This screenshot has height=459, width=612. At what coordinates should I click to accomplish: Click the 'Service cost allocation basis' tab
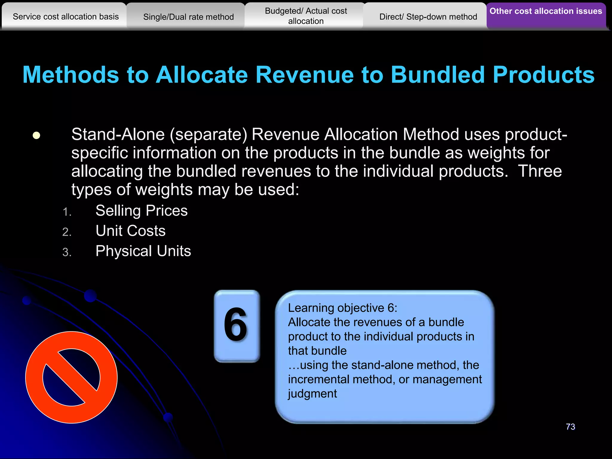coord(66,17)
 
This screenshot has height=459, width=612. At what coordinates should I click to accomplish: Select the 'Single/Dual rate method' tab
coord(188,17)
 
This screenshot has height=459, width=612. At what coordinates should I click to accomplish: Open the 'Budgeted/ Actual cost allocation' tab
coord(306,16)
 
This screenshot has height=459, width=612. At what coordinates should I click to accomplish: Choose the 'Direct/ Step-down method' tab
coord(428,17)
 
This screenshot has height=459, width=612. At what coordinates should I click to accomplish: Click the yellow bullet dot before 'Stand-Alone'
coord(36,135)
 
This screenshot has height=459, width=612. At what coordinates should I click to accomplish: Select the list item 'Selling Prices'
coord(141,211)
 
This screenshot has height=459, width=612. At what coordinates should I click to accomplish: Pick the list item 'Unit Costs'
coord(130,231)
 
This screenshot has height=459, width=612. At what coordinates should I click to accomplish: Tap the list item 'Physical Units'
coord(143,251)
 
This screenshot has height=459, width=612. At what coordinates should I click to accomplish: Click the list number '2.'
coord(67,232)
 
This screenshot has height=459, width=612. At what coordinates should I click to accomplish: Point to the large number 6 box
coord(237,326)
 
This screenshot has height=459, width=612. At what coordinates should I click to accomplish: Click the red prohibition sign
coord(71,377)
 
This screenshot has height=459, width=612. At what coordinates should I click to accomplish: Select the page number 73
coord(570,427)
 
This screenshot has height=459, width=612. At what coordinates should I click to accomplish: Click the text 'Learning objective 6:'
coord(342,308)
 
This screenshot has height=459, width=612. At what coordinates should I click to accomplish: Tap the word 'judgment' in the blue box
coord(312,394)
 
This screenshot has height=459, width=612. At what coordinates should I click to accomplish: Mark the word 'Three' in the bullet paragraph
coord(540,171)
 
